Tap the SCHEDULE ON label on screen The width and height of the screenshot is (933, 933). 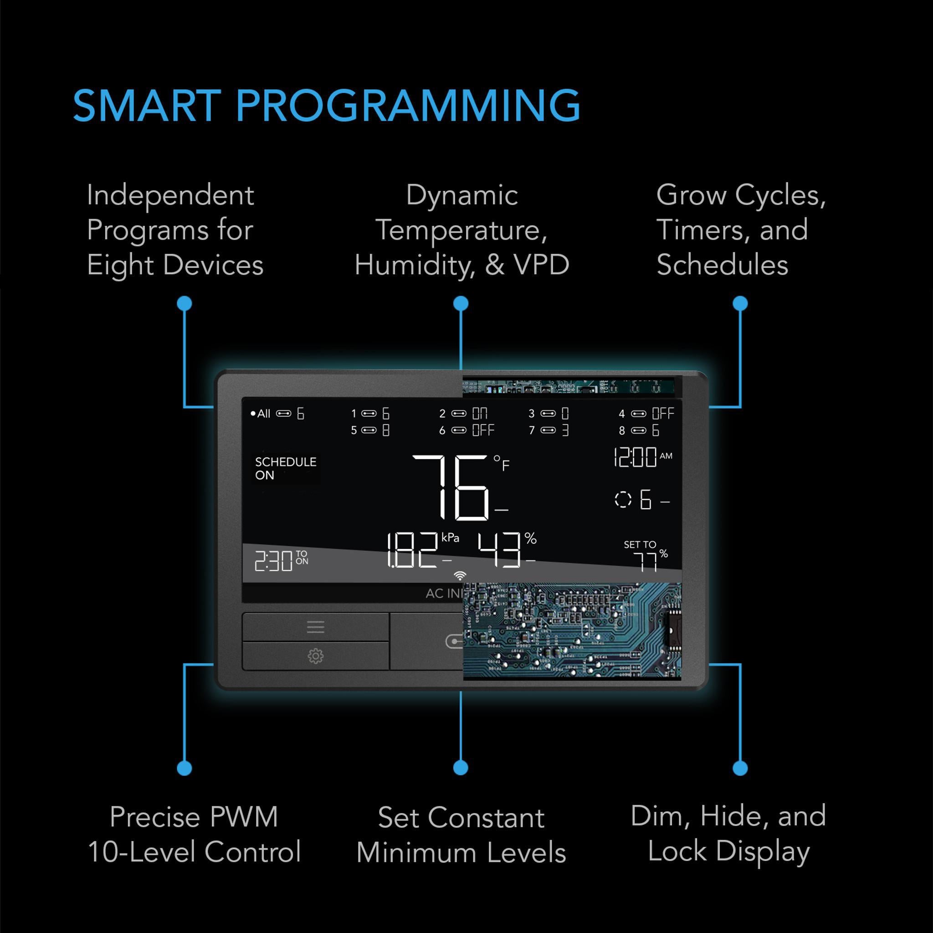pos(285,468)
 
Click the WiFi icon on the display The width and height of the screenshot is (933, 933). pos(460,576)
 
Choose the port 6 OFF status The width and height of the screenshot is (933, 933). pos(466,430)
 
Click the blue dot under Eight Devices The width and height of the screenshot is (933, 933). pos(185,303)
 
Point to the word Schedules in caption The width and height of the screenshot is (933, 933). pos(722,265)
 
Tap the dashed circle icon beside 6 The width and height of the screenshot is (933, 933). pos(623,499)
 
